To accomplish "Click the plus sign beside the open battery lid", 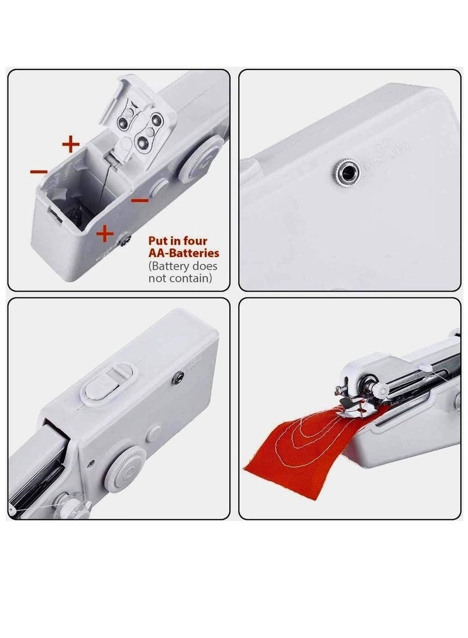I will [x=70, y=143].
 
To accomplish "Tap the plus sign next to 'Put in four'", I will [x=105, y=234].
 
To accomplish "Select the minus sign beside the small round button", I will [x=139, y=200].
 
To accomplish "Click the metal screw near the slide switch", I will [x=175, y=381].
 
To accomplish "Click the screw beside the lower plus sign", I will [x=125, y=238].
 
